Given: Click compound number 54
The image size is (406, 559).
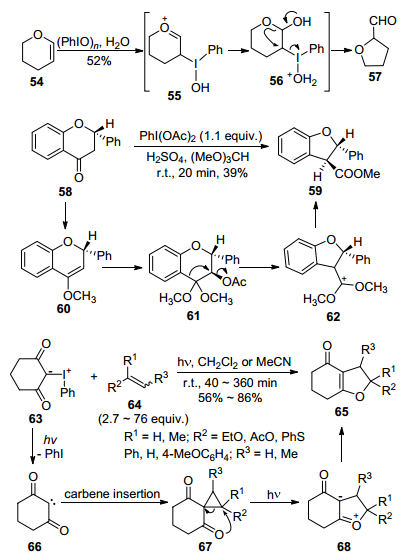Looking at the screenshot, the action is (x=37, y=82).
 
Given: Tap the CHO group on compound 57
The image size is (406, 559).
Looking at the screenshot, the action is (x=382, y=21).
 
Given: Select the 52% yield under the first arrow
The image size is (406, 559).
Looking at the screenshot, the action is (x=99, y=61).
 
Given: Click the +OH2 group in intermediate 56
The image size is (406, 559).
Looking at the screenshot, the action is (x=304, y=80).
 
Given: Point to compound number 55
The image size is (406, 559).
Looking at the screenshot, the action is (x=175, y=96).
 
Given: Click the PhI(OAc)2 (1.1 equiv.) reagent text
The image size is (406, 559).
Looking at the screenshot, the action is (x=201, y=136).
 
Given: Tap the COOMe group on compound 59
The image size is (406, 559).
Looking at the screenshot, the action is (x=357, y=174).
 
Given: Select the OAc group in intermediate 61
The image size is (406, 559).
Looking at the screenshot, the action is (x=234, y=282).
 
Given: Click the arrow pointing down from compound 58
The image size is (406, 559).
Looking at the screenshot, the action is (x=65, y=215).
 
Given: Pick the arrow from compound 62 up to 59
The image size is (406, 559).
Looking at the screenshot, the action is (x=316, y=214).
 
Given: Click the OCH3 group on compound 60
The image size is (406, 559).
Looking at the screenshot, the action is (x=79, y=296).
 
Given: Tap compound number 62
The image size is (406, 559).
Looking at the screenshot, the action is (x=333, y=317).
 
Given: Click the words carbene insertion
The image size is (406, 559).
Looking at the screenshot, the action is (x=112, y=494).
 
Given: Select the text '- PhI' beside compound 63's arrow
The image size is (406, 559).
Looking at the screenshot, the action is (x=52, y=454).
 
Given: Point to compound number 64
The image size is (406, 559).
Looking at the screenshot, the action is (x=135, y=405).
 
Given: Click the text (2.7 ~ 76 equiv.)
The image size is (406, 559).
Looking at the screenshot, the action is (x=143, y=419).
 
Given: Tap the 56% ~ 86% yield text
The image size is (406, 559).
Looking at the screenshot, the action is (x=230, y=398).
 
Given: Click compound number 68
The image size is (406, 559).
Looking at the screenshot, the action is (x=344, y=546).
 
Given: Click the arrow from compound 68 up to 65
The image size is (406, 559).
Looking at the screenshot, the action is (x=341, y=445).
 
